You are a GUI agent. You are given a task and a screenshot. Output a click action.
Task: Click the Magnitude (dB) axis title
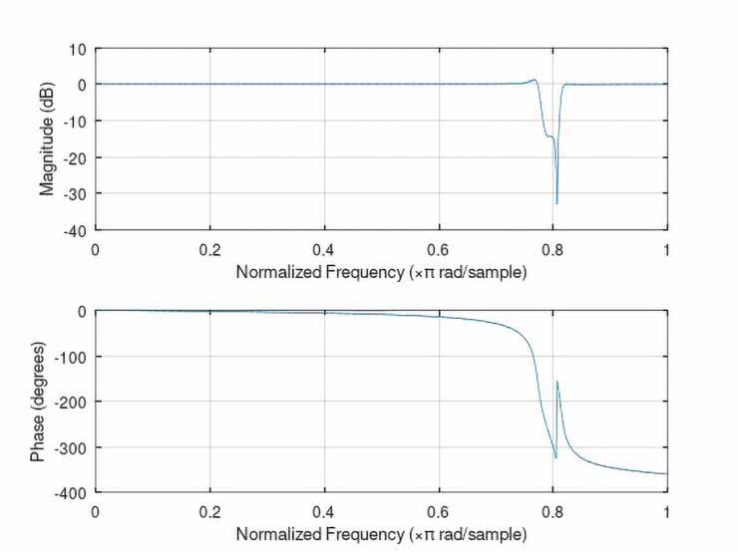click(x=46, y=138)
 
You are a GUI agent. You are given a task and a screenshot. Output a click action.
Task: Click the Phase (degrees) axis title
click(x=38, y=402)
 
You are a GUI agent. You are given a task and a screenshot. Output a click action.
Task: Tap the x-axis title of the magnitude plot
click(x=380, y=271)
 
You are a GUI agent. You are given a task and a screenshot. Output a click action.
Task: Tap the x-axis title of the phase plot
click(x=380, y=535)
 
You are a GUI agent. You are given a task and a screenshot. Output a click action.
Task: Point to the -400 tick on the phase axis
click(x=71, y=492)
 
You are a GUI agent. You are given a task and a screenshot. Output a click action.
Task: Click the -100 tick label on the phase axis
click(x=71, y=356)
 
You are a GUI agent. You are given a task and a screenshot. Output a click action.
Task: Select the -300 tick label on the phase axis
click(x=71, y=447)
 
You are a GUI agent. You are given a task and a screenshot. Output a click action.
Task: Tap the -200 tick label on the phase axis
click(x=71, y=402)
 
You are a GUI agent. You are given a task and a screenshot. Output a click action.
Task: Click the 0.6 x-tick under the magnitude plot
click(x=438, y=246)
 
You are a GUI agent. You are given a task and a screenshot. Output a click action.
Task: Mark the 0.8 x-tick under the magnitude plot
click(x=552, y=246)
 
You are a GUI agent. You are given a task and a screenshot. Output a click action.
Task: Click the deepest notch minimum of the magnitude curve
click(x=556, y=203)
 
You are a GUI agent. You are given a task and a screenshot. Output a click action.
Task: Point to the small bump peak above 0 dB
click(x=535, y=80)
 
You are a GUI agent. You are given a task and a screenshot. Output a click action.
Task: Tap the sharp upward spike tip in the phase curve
click(x=556, y=382)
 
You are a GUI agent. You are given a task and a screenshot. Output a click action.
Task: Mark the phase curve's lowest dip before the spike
click(x=554, y=457)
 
